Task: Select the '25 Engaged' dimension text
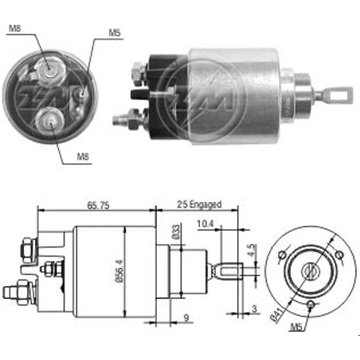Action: [199, 205]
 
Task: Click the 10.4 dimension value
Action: [205, 224]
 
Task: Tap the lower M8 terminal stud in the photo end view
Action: [49, 121]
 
